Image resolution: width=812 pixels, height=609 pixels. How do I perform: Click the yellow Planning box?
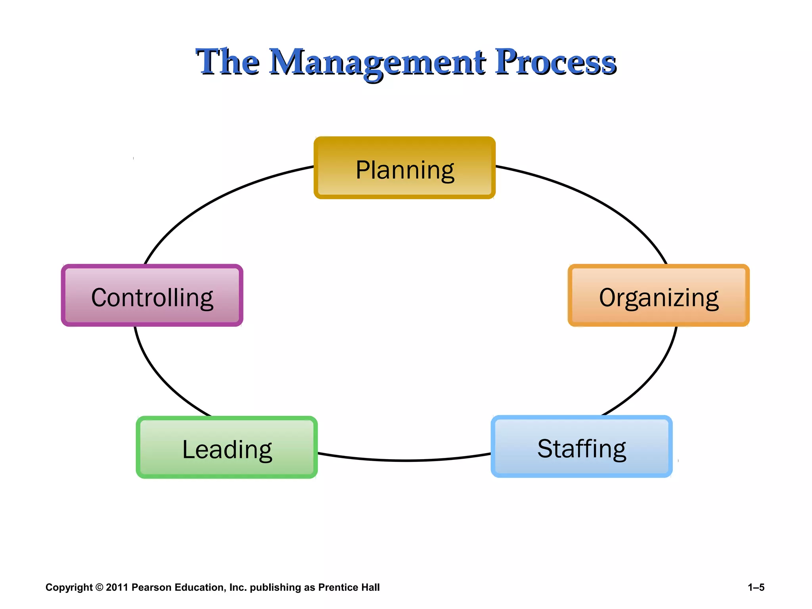tap(404, 168)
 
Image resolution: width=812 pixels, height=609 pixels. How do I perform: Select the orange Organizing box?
tap(659, 296)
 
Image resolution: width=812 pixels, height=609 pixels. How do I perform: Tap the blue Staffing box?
tap(582, 447)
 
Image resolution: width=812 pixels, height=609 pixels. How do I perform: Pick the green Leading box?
tap(227, 448)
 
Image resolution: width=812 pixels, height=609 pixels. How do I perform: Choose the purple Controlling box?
tap(152, 296)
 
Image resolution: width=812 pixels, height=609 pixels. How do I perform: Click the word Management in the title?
tap(377, 62)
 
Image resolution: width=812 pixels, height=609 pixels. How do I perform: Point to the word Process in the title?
tap(555, 62)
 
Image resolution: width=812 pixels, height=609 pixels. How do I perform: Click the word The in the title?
tap(228, 62)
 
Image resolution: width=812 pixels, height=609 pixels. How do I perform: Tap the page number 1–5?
tap(756, 588)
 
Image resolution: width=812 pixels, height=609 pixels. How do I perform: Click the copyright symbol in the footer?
tap(99, 588)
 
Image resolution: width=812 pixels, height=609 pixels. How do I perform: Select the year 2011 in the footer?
tap(117, 588)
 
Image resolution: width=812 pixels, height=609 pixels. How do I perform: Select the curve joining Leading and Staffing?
tap(404, 460)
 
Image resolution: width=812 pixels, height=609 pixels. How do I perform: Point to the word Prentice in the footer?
tap(338, 588)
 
